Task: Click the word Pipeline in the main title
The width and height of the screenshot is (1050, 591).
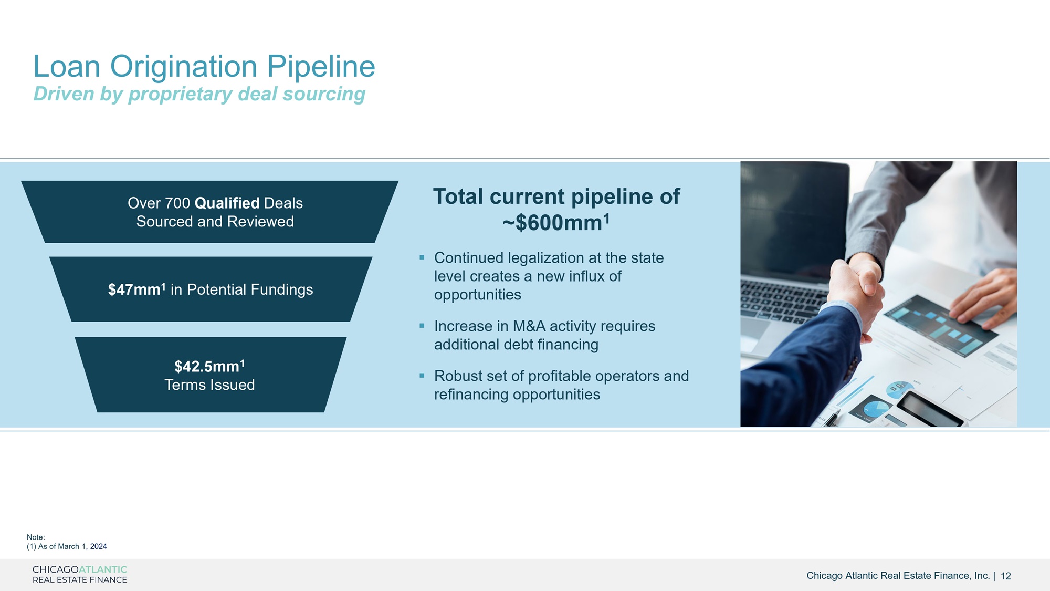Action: (321, 67)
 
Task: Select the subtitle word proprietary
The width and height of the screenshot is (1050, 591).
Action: (180, 95)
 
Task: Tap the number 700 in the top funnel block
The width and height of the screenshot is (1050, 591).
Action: (177, 203)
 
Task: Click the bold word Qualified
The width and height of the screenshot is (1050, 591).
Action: (227, 204)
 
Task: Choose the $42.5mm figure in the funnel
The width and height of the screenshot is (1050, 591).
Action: (209, 366)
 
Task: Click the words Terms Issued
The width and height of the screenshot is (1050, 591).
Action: (209, 385)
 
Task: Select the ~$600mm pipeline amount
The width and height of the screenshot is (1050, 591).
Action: (556, 223)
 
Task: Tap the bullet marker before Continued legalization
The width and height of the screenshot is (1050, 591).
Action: (422, 257)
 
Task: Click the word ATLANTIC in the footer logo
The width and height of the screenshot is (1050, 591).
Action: (103, 569)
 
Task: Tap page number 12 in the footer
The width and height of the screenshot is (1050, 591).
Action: (1006, 576)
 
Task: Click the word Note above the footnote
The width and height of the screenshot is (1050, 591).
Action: (36, 537)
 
